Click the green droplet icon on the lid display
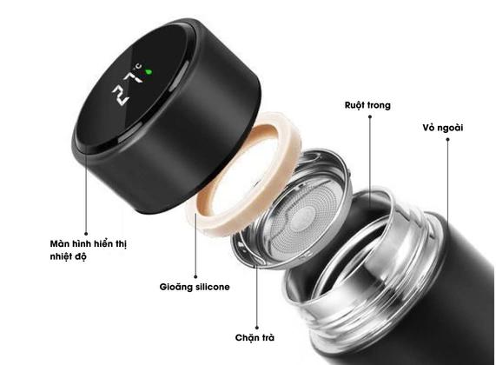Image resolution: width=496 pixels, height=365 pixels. (x=149, y=72)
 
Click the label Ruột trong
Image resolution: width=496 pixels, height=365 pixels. (x=367, y=105)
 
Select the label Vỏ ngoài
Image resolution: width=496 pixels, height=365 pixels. (x=443, y=128)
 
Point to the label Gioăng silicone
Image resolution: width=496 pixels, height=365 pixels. (x=195, y=287)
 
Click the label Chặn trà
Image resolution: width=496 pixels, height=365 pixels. (x=255, y=338)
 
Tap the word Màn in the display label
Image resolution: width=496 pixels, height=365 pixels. (x=59, y=243)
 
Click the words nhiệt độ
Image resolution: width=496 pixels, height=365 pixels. (x=68, y=256)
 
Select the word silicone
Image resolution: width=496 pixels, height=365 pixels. (x=213, y=287)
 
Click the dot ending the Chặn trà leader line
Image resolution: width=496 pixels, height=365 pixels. (x=257, y=328)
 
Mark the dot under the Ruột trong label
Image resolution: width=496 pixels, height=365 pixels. (x=370, y=116)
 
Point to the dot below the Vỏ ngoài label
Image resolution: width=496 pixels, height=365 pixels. (x=447, y=139)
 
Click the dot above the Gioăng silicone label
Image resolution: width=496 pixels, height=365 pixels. (x=195, y=276)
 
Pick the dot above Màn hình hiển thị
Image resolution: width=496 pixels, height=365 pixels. (x=86, y=234)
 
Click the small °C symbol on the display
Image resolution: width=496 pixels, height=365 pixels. (x=139, y=66)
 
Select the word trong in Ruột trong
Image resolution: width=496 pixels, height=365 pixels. (x=380, y=106)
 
